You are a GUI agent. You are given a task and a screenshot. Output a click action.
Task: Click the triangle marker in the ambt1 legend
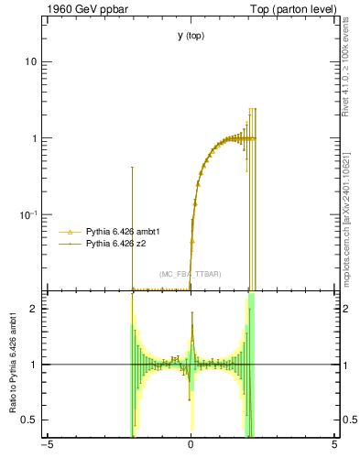[x=71, y=233]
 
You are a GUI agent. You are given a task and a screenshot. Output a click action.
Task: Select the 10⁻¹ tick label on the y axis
[x=27, y=215]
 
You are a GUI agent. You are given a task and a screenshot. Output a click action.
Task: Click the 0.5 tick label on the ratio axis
[x=28, y=420]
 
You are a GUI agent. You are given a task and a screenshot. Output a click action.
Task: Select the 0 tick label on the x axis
[x=191, y=446]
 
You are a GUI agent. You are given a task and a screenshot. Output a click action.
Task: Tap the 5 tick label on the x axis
[x=334, y=446]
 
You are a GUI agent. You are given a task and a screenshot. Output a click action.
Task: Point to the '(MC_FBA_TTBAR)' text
[x=191, y=274]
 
